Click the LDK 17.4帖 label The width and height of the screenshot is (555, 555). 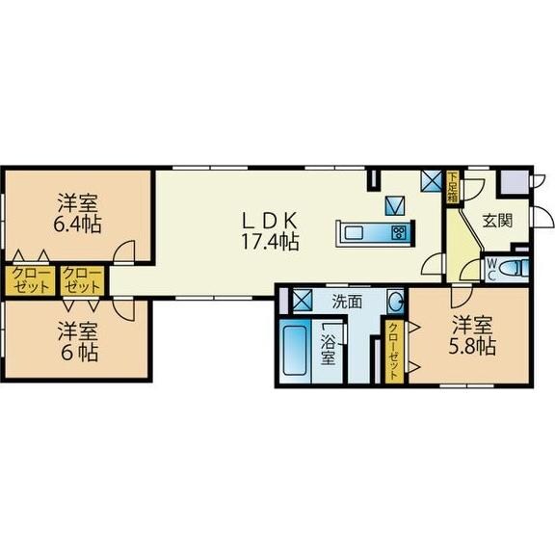270,231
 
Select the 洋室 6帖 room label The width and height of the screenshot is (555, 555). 78,341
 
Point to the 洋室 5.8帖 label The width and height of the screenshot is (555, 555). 472,335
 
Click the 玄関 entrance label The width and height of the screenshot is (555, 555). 497,221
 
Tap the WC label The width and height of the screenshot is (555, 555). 492,269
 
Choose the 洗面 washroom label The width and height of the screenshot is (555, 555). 347,302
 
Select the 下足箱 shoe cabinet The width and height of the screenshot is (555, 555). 452,188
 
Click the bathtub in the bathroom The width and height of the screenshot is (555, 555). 295,351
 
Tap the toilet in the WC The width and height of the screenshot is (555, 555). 513,268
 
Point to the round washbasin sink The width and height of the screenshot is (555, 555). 395,303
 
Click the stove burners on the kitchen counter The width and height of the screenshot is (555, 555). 400,233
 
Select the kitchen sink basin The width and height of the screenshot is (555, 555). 354,233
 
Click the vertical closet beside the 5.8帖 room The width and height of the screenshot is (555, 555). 394,351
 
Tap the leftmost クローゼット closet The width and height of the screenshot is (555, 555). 30,280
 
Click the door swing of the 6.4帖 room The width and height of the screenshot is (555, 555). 124,252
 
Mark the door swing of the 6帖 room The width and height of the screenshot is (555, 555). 124,310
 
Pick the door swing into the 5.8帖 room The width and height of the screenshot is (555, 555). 462,297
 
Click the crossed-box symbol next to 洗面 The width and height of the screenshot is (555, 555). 303,300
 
